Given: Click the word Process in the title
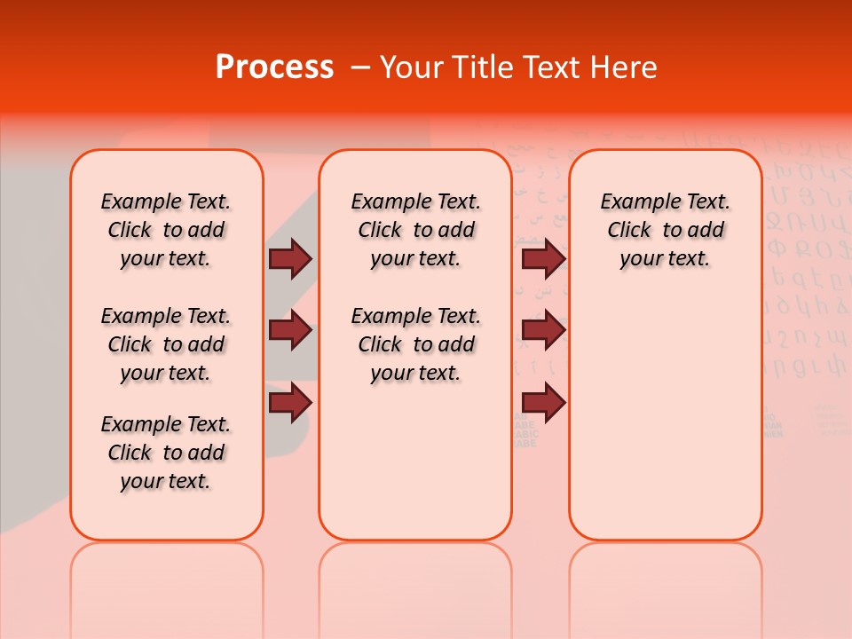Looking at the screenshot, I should [x=274, y=67].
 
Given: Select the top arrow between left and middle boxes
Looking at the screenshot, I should [x=290, y=258].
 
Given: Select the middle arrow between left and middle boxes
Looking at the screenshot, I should [x=290, y=330].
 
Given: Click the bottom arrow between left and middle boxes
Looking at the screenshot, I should [x=290, y=402].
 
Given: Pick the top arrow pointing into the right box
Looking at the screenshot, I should [x=543, y=258].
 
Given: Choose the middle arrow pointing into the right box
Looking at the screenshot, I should [x=543, y=330].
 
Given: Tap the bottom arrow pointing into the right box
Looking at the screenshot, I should [x=543, y=402].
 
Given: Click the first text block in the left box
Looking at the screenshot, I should [x=166, y=230].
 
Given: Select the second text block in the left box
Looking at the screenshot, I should [x=166, y=344].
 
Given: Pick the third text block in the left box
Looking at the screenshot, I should [x=166, y=453].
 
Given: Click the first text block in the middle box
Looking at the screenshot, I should [x=415, y=230].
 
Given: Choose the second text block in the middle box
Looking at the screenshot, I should [x=415, y=344].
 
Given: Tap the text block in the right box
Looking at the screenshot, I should [x=665, y=230].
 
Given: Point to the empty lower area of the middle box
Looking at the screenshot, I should [x=415, y=461].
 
